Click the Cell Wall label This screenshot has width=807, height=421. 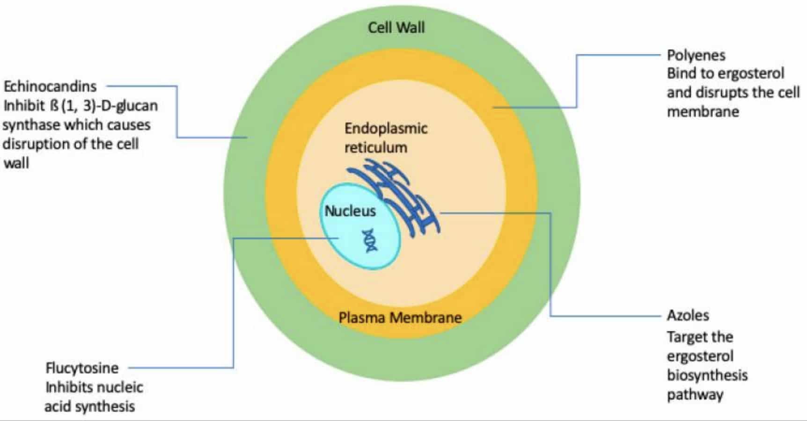pyautogui.click(x=396, y=27)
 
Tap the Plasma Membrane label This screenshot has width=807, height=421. pyautogui.click(x=400, y=318)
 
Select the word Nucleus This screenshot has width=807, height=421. pyautogui.click(x=350, y=211)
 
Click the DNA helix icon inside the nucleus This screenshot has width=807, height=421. pyautogui.click(x=370, y=240)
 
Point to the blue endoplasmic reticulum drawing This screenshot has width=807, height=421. pyautogui.click(x=403, y=196)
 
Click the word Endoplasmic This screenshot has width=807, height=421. pyautogui.click(x=386, y=128)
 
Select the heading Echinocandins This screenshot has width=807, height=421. pyautogui.click(x=50, y=86)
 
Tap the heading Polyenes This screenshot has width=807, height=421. pyautogui.click(x=696, y=55)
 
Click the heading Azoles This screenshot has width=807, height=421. pyautogui.click(x=688, y=315)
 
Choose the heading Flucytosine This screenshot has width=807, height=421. pyautogui.click(x=82, y=368)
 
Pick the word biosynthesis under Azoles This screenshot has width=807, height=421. pyautogui.click(x=707, y=375)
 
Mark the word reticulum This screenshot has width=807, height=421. pyautogui.click(x=375, y=147)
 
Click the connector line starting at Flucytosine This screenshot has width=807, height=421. pyautogui.click(x=233, y=304)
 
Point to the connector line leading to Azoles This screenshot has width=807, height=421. pyautogui.click(x=550, y=267)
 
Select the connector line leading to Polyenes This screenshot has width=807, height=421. pyautogui.click(x=576, y=80)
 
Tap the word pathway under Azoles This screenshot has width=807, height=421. pyautogui.click(x=695, y=395)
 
